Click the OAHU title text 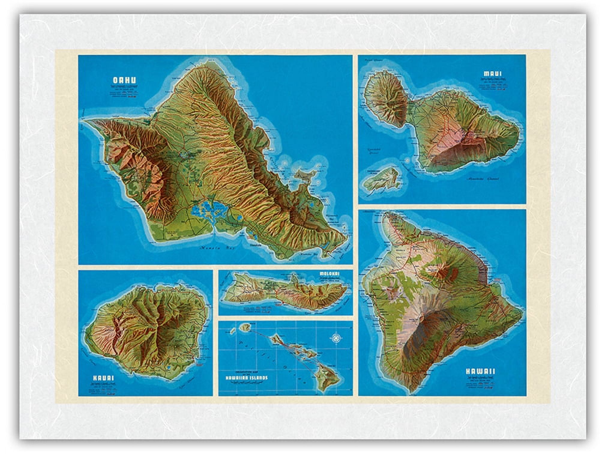pos(124,80)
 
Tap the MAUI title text pos(492,74)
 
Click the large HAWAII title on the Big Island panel pos(480,371)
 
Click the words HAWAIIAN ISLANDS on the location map pos(246,378)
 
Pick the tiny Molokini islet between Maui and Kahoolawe pos(407,161)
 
